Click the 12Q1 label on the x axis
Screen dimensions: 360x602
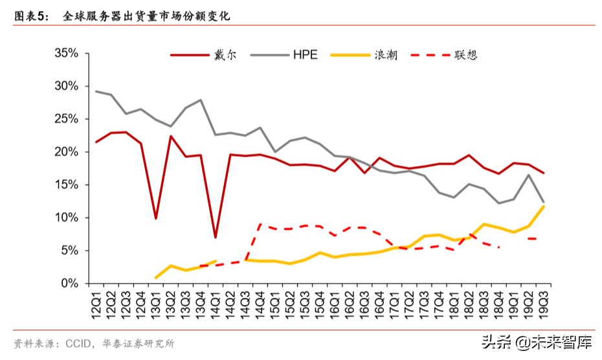(96, 302)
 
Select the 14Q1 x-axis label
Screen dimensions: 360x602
(216, 302)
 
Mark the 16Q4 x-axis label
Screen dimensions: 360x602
(380, 302)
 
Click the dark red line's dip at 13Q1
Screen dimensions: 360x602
(156, 218)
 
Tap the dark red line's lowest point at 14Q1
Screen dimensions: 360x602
(215, 238)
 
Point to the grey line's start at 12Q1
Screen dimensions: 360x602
(96, 91)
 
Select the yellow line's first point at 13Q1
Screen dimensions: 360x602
(156, 277)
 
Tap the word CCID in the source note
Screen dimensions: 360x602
(79, 343)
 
